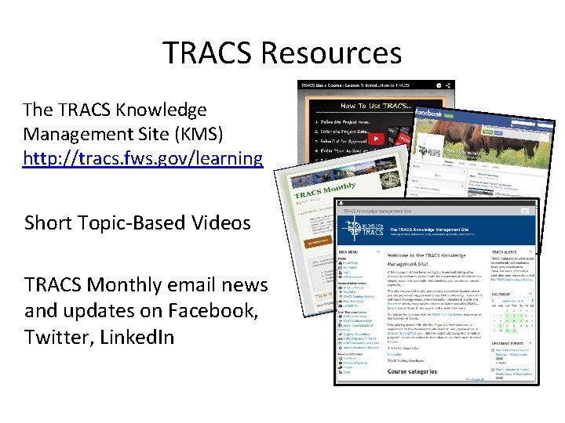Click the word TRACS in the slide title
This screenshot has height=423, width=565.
208,53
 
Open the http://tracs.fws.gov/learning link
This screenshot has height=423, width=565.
143,158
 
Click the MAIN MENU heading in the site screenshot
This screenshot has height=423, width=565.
349,252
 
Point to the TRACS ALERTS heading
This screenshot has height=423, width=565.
508,252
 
